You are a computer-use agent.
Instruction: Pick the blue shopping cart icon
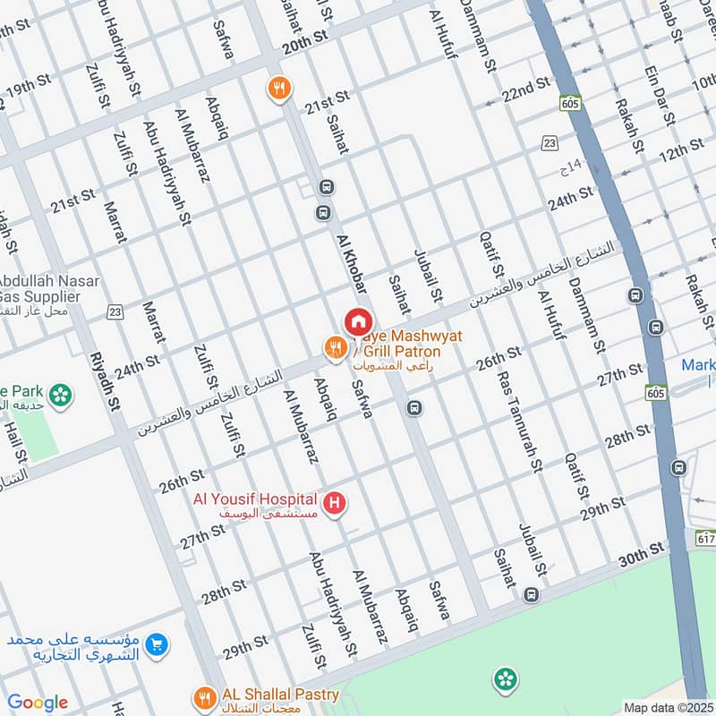[x=157, y=644]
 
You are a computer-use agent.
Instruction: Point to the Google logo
[x=38, y=703]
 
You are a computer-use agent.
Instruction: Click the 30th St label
[x=643, y=554]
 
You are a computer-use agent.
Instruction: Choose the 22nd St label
[x=525, y=89]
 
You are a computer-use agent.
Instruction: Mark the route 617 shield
[x=704, y=537]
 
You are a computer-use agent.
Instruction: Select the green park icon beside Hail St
[x=61, y=394]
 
